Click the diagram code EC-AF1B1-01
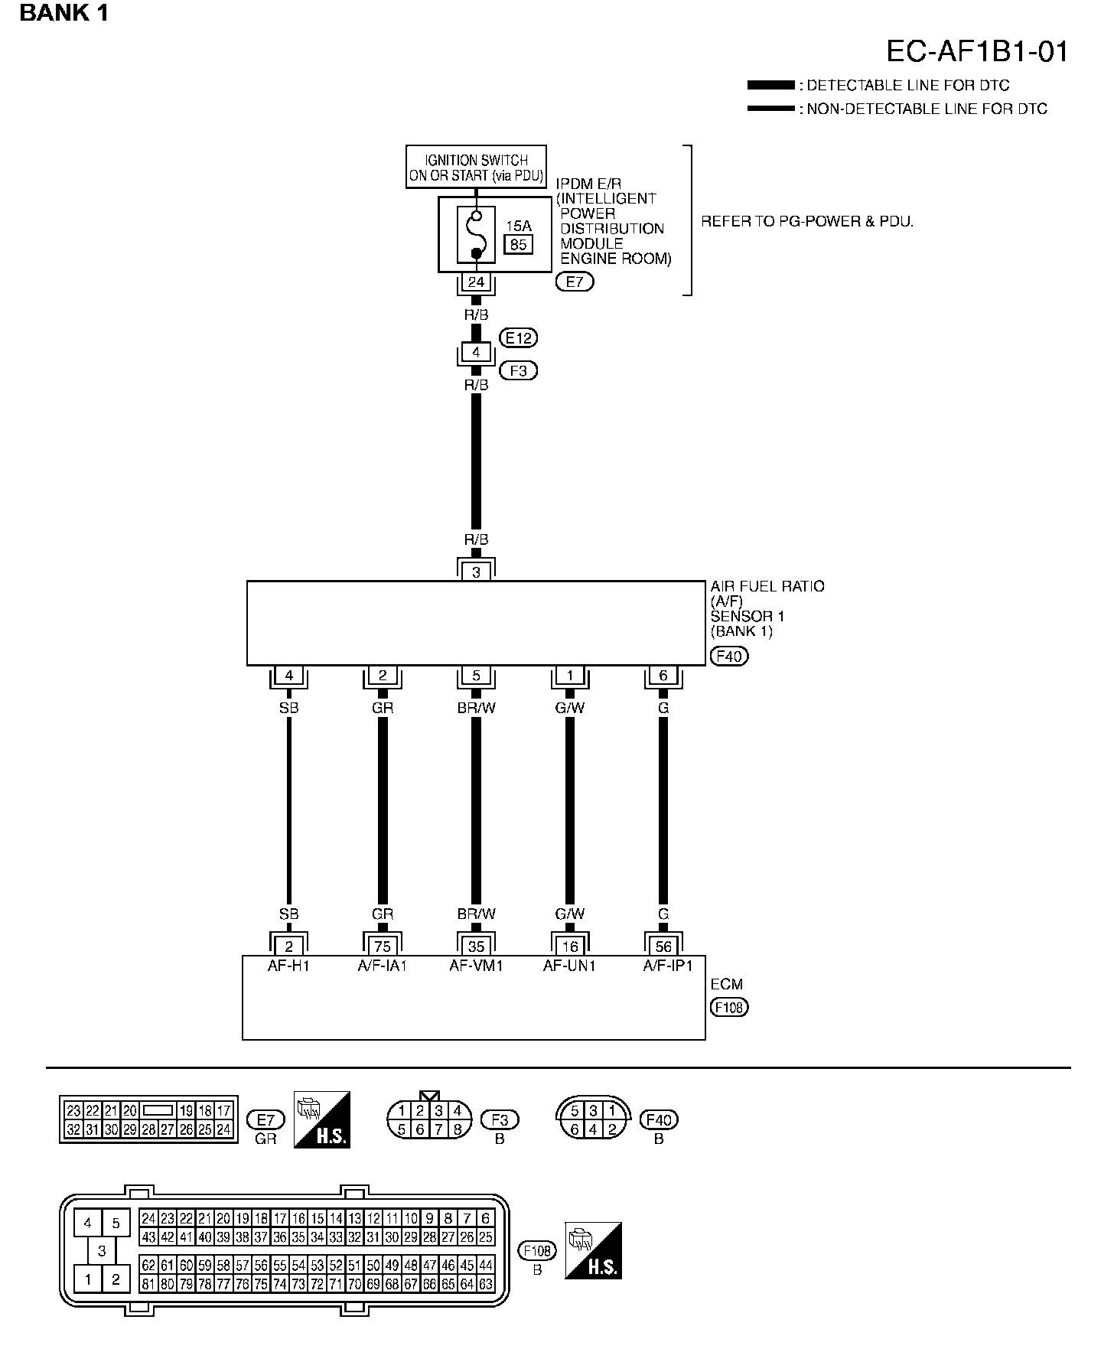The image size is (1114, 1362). click(x=976, y=51)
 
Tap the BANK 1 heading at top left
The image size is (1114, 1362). click(x=64, y=13)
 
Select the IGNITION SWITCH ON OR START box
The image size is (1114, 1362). click(x=476, y=167)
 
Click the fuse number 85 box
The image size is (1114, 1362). click(x=518, y=245)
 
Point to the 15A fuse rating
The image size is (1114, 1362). click(x=518, y=226)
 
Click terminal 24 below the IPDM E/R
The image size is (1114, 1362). click(x=476, y=282)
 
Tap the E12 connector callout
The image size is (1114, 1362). click(x=518, y=337)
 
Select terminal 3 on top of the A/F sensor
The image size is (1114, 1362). click(x=476, y=571)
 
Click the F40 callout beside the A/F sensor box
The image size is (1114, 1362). click(x=728, y=656)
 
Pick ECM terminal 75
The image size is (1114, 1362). click(x=383, y=947)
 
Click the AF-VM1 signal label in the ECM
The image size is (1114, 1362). click(x=476, y=966)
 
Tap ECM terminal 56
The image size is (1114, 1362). click(x=663, y=947)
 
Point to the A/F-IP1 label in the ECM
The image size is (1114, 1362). click(x=667, y=966)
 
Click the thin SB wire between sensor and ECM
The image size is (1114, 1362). click(x=289, y=811)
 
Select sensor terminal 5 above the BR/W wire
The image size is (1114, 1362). click(x=476, y=676)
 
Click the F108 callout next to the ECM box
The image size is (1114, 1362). click(x=728, y=1007)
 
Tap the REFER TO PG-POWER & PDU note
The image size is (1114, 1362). click(x=807, y=222)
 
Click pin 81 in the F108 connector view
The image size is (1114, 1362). click(x=148, y=1284)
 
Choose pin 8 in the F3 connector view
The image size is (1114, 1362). click(x=457, y=1129)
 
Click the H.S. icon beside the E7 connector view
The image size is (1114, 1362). click(x=321, y=1119)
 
